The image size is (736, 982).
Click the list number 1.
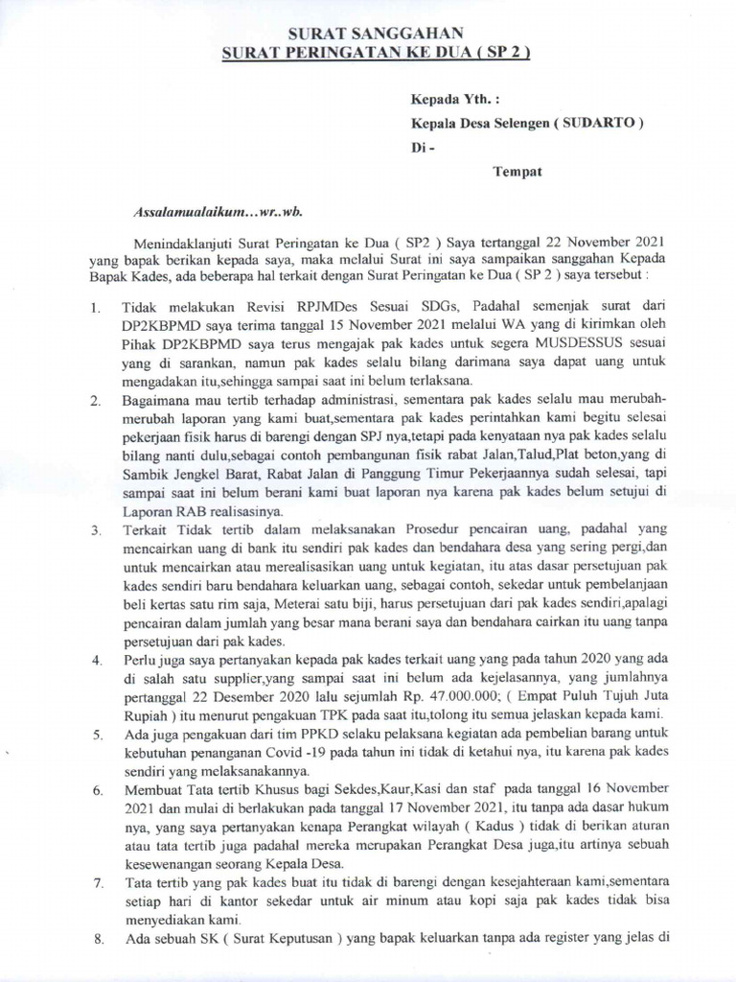[x=95, y=309]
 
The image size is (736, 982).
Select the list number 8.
[x=95, y=942]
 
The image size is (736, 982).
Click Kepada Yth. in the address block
[x=448, y=99]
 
